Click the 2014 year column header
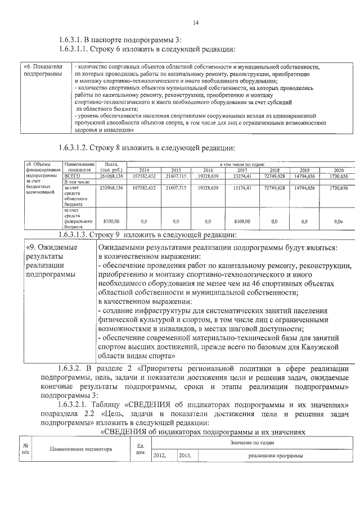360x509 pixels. pyautogui.click(x=143, y=169)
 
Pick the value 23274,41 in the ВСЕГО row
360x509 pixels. pyautogui.click(x=242, y=175)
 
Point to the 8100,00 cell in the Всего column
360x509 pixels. pyautogui.click(x=111, y=222)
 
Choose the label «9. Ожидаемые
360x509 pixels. pyautogui.click(x=53, y=247)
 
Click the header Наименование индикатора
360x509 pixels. pyautogui.click(x=80, y=449)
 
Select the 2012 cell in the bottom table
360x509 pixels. pyautogui.click(x=160, y=456)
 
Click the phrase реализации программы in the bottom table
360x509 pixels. pyautogui.click(x=275, y=456)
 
